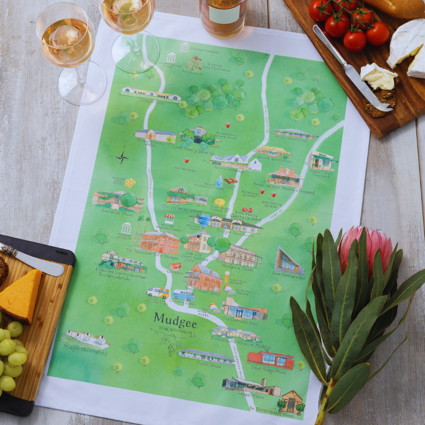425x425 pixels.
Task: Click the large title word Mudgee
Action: [175, 318]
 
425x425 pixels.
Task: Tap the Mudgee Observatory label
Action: [85, 350]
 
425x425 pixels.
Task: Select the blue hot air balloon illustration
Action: [204, 221]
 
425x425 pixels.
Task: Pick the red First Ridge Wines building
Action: [271, 360]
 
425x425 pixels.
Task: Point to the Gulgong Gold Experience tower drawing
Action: [193, 64]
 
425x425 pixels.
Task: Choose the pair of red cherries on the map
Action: [247, 210]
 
